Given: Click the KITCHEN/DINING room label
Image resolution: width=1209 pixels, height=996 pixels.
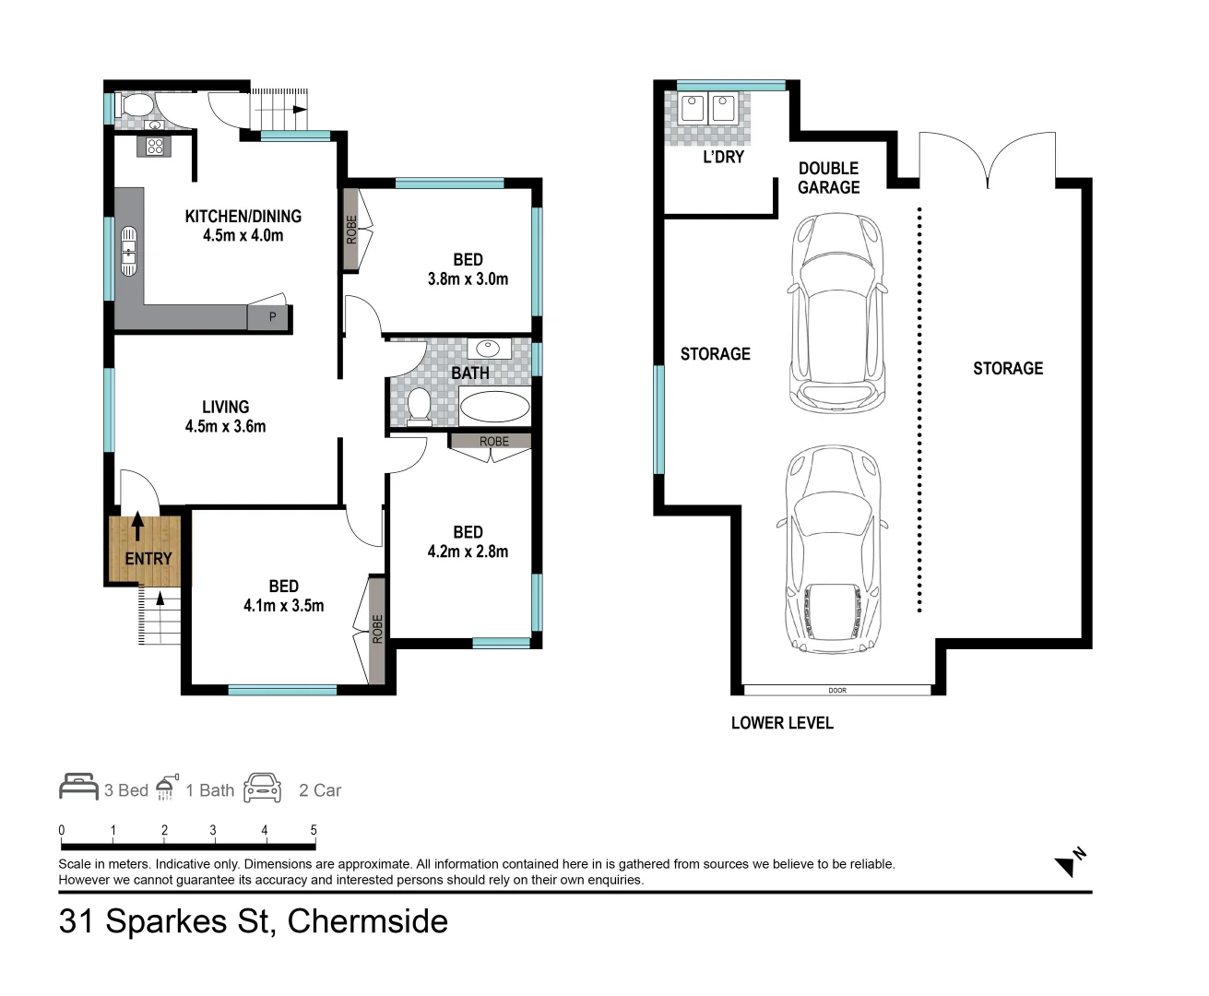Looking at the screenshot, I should [243, 217].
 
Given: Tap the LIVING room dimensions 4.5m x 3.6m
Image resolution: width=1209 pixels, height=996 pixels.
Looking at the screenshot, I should [225, 426].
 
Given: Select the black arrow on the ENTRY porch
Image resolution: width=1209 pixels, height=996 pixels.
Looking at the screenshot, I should [137, 527].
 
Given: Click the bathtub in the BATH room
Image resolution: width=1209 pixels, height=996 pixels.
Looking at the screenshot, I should [494, 407].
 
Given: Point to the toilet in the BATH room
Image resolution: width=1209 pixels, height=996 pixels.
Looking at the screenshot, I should [419, 406].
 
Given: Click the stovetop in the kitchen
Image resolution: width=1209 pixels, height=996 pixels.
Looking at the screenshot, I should [154, 146].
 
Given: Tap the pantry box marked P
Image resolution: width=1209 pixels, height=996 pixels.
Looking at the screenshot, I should [272, 317].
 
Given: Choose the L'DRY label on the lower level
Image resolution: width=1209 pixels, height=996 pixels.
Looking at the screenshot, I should [723, 158].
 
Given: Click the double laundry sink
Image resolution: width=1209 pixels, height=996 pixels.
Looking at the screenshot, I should [707, 108].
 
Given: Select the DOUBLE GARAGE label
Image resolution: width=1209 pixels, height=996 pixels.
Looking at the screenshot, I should [828, 178].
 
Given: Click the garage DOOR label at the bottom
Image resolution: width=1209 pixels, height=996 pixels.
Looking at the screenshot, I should [836, 690].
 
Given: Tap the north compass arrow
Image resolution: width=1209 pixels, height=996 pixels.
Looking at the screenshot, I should [1068, 864].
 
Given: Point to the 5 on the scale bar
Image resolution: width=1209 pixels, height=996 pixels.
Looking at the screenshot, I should [314, 830].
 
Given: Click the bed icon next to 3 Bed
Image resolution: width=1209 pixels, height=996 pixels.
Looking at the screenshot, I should [78, 787].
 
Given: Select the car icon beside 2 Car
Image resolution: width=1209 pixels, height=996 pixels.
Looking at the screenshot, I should [263, 788].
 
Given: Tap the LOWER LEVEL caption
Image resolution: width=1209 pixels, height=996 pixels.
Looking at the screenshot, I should [782, 723].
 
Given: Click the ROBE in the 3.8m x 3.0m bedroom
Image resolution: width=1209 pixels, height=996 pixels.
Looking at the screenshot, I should [351, 230].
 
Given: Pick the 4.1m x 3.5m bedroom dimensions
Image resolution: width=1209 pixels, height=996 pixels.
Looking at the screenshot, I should [283, 606].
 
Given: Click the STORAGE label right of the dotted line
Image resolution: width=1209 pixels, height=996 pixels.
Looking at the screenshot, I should [1008, 369].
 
